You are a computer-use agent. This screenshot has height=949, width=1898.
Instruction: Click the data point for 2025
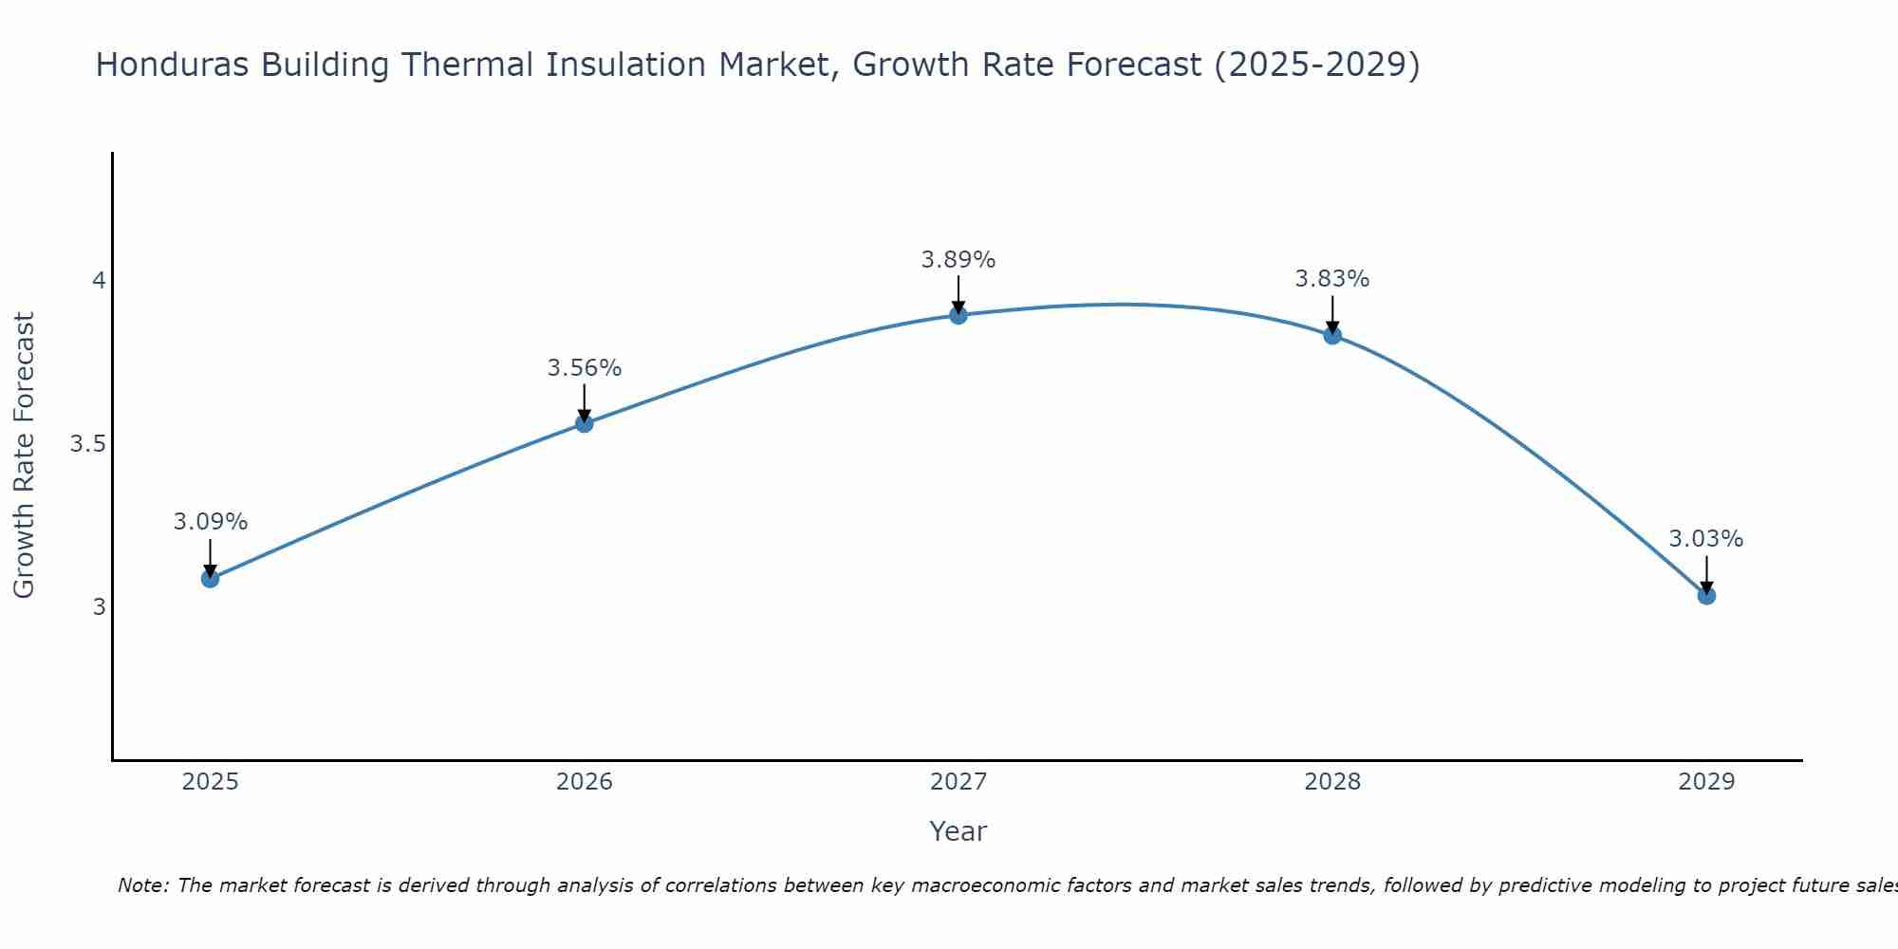click(211, 578)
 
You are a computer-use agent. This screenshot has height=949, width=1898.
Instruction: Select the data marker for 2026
click(585, 423)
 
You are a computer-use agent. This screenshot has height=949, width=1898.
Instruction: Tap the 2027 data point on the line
click(958, 315)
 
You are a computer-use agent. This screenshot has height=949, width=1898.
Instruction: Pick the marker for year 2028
click(1332, 335)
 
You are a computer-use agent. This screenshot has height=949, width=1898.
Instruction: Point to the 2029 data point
click(1706, 596)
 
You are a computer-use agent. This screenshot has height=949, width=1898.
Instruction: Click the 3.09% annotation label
click(211, 522)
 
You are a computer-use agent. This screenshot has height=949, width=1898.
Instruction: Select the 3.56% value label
click(585, 368)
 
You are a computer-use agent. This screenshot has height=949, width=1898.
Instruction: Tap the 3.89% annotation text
click(958, 260)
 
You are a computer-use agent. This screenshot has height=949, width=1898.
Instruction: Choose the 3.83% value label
click(1332, 279)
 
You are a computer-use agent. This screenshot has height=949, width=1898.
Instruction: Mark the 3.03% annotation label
click(1706, 539)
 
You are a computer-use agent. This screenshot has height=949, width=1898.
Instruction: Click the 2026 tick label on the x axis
click(585, 782)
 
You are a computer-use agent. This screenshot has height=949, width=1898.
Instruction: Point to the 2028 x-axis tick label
click(1332, 782)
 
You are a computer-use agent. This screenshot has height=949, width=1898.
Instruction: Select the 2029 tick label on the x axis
click(1706, 782)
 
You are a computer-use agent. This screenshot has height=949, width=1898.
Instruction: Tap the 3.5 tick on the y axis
click(87, 444)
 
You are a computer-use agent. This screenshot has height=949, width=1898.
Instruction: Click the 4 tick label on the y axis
click(99, 281)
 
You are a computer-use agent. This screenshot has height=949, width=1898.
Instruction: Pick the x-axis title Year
click(958, 831)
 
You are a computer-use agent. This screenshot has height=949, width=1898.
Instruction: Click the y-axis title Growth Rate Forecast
click(25, 456)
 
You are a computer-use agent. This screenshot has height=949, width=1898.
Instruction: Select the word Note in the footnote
click(142, 885)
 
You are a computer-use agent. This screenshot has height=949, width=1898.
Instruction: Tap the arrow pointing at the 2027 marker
click(958, 294)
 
